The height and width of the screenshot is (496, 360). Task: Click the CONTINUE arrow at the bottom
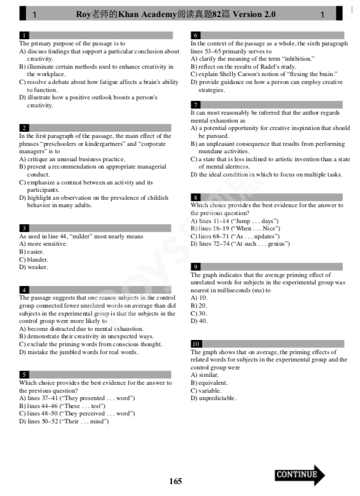tap(299, 475)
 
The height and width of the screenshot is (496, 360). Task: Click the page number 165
tap(175, 481)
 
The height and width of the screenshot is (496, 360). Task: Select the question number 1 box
tap(24, 35)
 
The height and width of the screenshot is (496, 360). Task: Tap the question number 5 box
tap(24, 375)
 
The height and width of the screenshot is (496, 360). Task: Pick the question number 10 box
tap(196, 344)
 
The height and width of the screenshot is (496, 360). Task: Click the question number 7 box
tap(196, 105)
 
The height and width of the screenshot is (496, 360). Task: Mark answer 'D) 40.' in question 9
tap(199, 321)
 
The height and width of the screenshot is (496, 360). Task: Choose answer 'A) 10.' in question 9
tap(199, 297)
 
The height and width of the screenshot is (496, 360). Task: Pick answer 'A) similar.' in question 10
tap(204, 375)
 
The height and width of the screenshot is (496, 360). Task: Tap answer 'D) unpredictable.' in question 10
tap(213, 398)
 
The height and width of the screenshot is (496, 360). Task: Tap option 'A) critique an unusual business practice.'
tap(73, 159)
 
